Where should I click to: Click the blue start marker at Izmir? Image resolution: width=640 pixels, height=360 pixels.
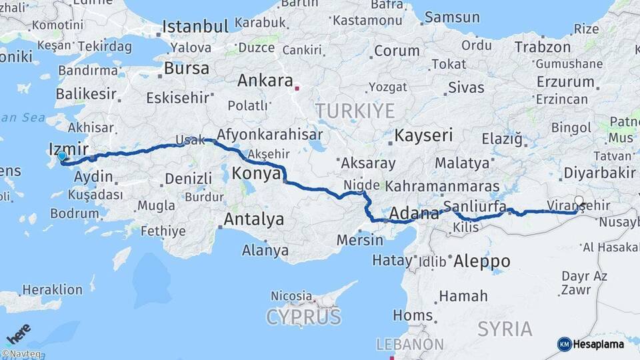coord(62,157)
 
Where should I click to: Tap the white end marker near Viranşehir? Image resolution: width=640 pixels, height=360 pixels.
coord(579,200)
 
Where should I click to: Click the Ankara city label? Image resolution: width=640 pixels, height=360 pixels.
coord(265,81)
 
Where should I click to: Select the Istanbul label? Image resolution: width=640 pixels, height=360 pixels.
coord(195,27)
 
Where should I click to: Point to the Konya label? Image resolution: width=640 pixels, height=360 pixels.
coord(257,175)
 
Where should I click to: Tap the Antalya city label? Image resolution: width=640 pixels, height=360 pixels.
coord(253,219)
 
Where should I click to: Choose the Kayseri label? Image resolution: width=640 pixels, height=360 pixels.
coord(423,135)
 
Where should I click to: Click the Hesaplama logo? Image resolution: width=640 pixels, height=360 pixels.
coord(591,344)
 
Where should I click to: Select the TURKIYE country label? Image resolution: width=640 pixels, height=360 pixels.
coord(355,111)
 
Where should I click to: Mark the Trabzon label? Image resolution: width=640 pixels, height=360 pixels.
coord(543,47)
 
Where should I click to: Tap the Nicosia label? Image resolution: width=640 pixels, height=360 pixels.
coord(291,295)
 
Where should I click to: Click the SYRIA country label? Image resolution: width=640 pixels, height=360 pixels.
coord(505,329)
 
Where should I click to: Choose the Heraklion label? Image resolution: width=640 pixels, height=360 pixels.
coord(53,290)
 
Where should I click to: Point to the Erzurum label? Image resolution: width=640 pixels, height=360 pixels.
coord(565,82)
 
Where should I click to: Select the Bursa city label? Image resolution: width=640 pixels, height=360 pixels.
coord(186,69)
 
